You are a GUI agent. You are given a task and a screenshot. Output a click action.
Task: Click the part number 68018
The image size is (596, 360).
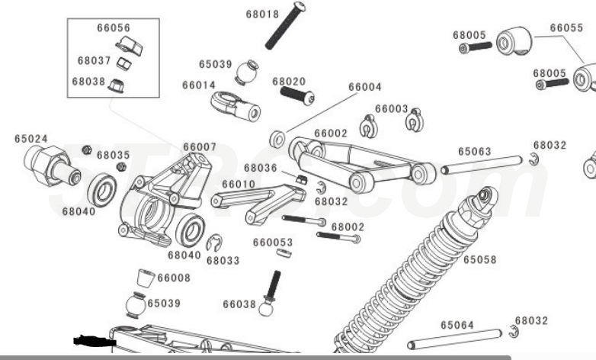pyautogui.click(x=261, y=14)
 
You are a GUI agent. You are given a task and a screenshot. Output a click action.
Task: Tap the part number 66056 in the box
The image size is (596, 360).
pyautogui.click(x=113, y=27)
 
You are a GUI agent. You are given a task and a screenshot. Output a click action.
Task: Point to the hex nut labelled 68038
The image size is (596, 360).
pyautogui.click(x=119, y=83)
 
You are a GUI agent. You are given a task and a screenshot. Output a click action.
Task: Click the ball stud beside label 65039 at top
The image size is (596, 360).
pyautogui.click(x=247, y=72)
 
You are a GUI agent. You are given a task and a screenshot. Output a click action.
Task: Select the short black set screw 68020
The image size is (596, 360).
pyautogui.click(x=297, y=96)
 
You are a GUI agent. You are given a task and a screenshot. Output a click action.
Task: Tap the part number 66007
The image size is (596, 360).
pyautogui.click(x=199, y=146)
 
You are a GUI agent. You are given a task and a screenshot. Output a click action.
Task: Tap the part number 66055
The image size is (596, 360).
pyautogui.click(x=566, y=27)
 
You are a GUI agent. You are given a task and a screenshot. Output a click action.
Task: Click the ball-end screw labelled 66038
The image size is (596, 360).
pyautogui.click(x=270, y=294)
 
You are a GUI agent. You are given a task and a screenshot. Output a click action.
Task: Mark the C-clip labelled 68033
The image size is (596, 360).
pyautogui.click(x=214, y=243)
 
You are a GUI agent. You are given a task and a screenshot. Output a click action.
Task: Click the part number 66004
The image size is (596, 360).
pyautogui.click(x=364, y=87)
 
